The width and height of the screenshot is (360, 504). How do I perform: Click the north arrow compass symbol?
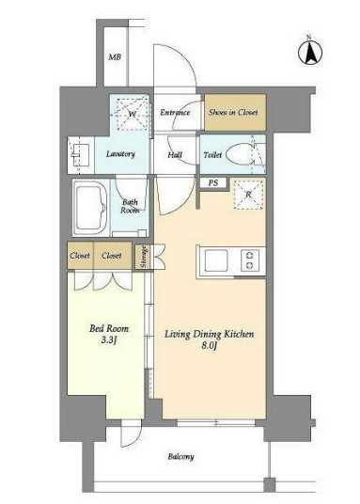coord(310,53)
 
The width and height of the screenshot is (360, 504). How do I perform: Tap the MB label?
coord(115,57)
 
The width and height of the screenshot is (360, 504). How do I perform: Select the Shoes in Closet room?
coord(235,112)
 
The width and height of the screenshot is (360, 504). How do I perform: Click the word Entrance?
coord(175,113)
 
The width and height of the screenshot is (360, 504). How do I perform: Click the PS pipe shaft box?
coord(213,183)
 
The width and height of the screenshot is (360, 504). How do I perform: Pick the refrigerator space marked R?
coord(248,195)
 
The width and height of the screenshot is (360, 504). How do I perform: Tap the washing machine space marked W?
coord(133,114)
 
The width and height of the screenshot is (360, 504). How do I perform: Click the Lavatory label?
coord(120,154)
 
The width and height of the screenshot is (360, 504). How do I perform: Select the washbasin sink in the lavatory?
coord(80,154)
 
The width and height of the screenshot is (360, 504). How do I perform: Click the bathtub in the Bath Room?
coord(90,208)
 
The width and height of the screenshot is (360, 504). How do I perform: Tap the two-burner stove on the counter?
coord(250,260)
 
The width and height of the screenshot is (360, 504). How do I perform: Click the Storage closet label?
coord(144,257)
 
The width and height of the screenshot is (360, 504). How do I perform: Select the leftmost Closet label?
coord(80,256)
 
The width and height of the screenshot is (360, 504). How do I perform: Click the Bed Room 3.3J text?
coord(109,334)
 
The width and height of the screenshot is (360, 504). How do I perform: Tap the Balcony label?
coord(180,457)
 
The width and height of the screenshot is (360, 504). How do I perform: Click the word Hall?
coord(175,155)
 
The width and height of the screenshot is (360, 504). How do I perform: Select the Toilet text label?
coord(212,154)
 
